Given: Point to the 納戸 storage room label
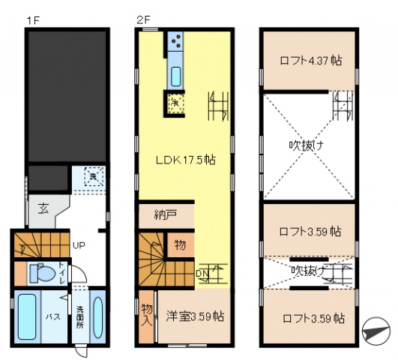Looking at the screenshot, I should point(166,214).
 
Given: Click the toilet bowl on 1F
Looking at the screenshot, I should point(46,274).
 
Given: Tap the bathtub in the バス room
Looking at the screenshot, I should point(30,317).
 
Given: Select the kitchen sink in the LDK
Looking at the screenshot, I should point(176,76).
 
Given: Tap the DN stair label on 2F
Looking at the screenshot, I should point(202,274).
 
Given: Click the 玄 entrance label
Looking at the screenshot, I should point(43,208).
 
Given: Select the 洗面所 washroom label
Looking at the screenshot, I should point(80,319).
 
